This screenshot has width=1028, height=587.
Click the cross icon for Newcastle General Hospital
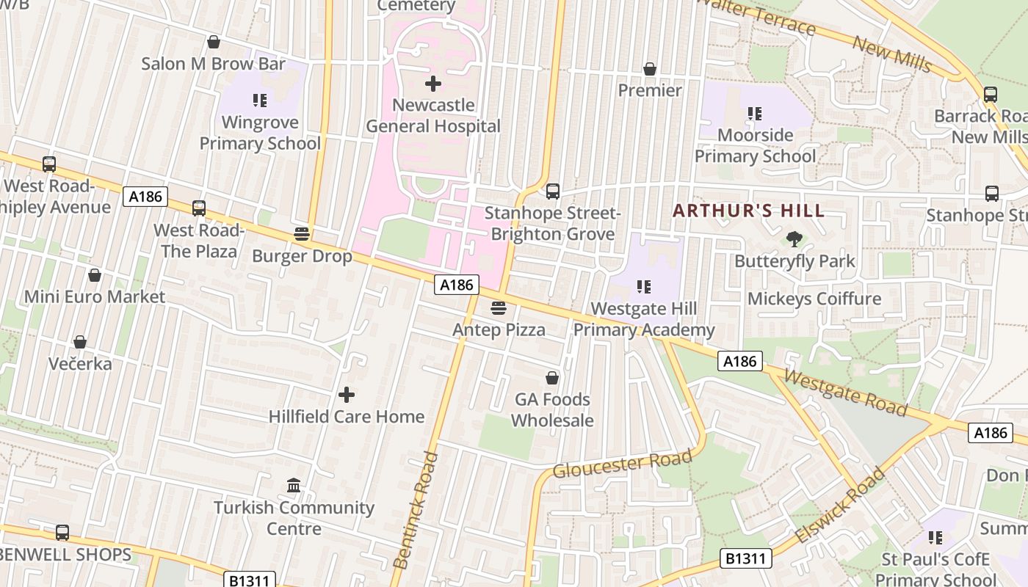(433, 84)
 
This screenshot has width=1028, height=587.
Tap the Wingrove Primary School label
(260, 133)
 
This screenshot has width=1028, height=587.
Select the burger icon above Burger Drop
(302, 235)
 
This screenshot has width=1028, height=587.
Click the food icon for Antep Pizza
(499, 308)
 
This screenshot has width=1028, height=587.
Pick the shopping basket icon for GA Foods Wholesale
(552, 378)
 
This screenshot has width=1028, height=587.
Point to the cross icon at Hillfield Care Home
(346, 395)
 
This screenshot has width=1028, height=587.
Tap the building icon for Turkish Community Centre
(294, 486)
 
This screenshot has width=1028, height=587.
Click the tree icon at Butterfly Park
(794, 238)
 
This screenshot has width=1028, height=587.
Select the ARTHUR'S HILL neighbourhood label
(748, 211)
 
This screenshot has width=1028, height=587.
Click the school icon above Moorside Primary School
(754, 114)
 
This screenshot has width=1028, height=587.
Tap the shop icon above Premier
(650, 69)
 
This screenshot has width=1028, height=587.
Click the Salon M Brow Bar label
(213, 64)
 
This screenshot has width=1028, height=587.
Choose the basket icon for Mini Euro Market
(95, 275)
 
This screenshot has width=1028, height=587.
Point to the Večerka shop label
(80, 364)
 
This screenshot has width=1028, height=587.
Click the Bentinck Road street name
(415, 510)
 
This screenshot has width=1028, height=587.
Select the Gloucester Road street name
(622, 464)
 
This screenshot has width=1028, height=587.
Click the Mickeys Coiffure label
(814, 299)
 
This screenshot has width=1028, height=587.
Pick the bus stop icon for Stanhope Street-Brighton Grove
(553, 192)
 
